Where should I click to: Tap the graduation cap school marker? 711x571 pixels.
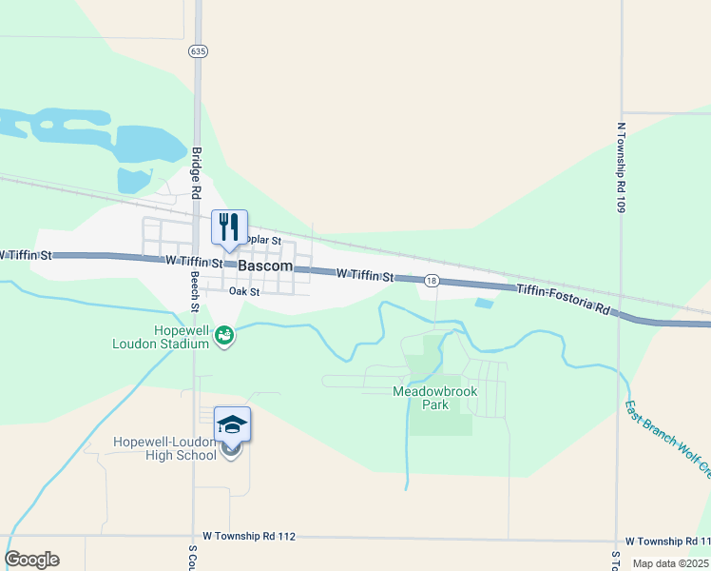[x=232, y=424]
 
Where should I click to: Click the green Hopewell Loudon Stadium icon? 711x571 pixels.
[x=224, y=335]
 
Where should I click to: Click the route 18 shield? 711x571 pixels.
[x=432, y=281]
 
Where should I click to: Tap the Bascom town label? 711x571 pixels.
[x=265, y=266]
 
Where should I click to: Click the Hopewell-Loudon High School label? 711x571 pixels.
[x=165, y=448]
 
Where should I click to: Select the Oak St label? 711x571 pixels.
[x=244, y=292]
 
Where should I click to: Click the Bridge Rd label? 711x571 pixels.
[x=195, y=172]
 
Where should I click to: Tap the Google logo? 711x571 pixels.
[x=32, y=560]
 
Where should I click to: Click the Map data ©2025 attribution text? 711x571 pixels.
[x=671, y=563]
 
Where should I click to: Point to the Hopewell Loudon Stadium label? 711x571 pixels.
[x=167, y=337]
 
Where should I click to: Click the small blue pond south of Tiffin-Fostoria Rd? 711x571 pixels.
[x=484, y=304]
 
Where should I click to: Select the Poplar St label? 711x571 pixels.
[x=262, y=241]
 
